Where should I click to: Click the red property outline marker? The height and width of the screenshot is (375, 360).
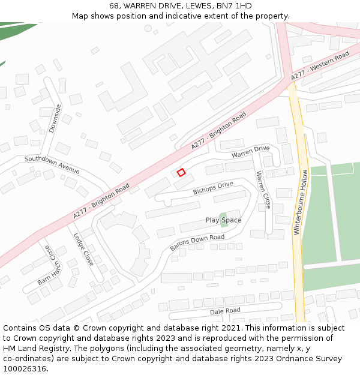point(181,172)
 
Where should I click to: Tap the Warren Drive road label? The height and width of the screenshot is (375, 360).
point(251,152)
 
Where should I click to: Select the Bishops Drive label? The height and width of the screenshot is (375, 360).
point(212,188)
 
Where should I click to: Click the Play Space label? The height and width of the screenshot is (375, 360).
point(224,220)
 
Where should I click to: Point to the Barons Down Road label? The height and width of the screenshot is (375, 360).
point(197,242)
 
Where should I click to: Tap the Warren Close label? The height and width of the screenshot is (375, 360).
point(263,190)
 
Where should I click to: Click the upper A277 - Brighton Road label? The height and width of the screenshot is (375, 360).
point(219,131)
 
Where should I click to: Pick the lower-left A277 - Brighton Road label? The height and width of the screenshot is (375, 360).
point(101,201)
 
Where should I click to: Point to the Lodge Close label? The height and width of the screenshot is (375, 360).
point(83,249)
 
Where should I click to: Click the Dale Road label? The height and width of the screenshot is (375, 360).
point(225,311)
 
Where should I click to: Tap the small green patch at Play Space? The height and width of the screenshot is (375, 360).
point(223,215)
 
